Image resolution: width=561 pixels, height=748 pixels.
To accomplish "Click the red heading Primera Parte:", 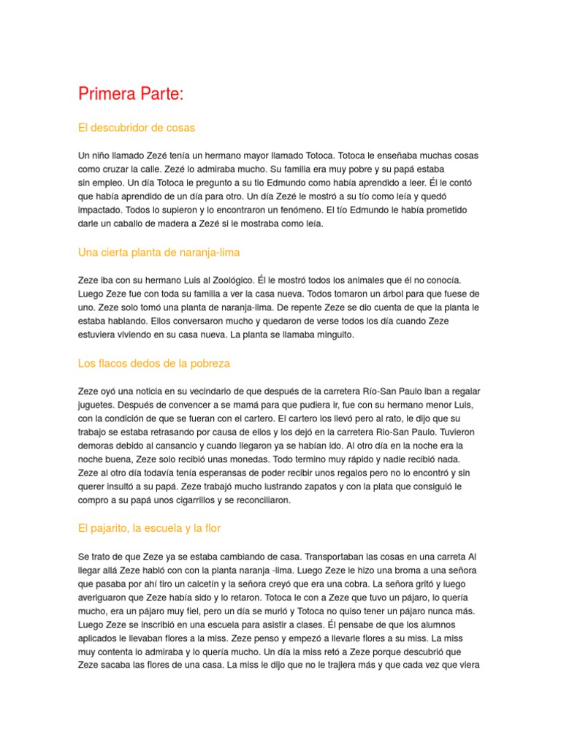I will [131, 94].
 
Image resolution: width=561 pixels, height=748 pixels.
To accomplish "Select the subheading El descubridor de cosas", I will [137, 128].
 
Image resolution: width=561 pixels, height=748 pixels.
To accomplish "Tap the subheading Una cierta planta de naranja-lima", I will [159, 252].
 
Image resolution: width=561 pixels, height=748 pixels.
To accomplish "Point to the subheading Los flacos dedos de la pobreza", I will [154, 363].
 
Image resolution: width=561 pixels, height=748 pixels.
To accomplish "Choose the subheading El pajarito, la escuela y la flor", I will [149, 528].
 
